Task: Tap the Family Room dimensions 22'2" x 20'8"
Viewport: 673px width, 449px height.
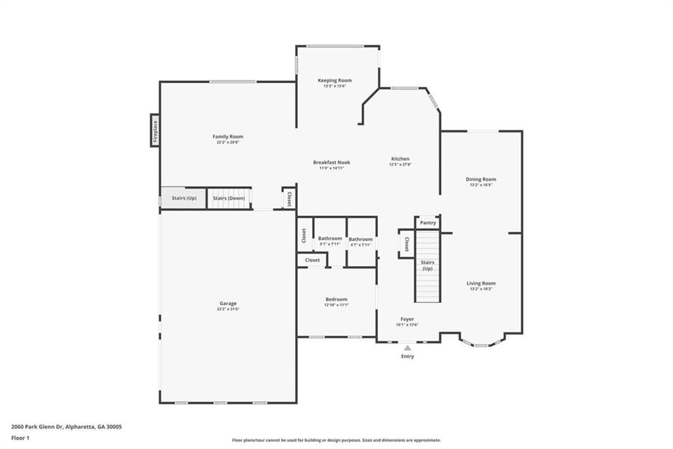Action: coord(227,142)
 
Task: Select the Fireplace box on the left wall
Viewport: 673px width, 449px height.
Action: coord(155,130)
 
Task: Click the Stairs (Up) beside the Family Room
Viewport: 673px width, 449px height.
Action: coord(183,198)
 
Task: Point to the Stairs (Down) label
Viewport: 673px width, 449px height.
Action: coord(229,198)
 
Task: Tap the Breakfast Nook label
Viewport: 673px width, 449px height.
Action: coord(331,162)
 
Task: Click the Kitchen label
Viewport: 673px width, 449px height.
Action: coord(400,159)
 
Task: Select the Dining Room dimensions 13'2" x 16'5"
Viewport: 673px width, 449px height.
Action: coord(480,185)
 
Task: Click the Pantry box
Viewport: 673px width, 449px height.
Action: coord(428,223)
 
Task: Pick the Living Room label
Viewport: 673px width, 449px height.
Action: coord(481,283)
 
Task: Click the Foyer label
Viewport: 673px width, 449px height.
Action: coord(407,319)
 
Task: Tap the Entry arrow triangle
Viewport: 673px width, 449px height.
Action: coord(407,348)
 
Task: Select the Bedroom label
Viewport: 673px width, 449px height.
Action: coord(336,299)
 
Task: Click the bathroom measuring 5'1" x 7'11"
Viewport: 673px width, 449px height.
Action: coord(330,241)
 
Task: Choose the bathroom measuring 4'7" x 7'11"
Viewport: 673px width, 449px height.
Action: coord(360,242)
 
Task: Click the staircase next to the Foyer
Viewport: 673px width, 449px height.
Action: coord(427,267)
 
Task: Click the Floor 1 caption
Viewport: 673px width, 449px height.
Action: coord(20,437)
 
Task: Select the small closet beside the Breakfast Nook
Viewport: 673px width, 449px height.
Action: coord(288,198)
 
